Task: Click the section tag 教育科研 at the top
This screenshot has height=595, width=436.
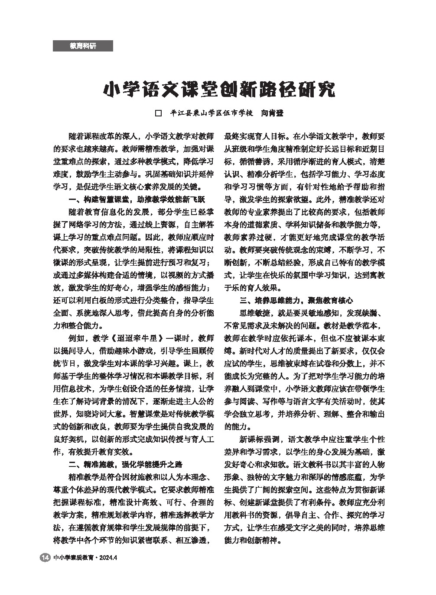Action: [83, 46]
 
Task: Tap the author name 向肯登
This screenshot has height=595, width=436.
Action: [271, 113]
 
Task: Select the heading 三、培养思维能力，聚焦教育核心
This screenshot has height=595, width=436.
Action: [296, 300]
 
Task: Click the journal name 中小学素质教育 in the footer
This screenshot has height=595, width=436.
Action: [73, 558]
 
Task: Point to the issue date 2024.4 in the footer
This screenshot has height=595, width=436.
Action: [108, 558]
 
